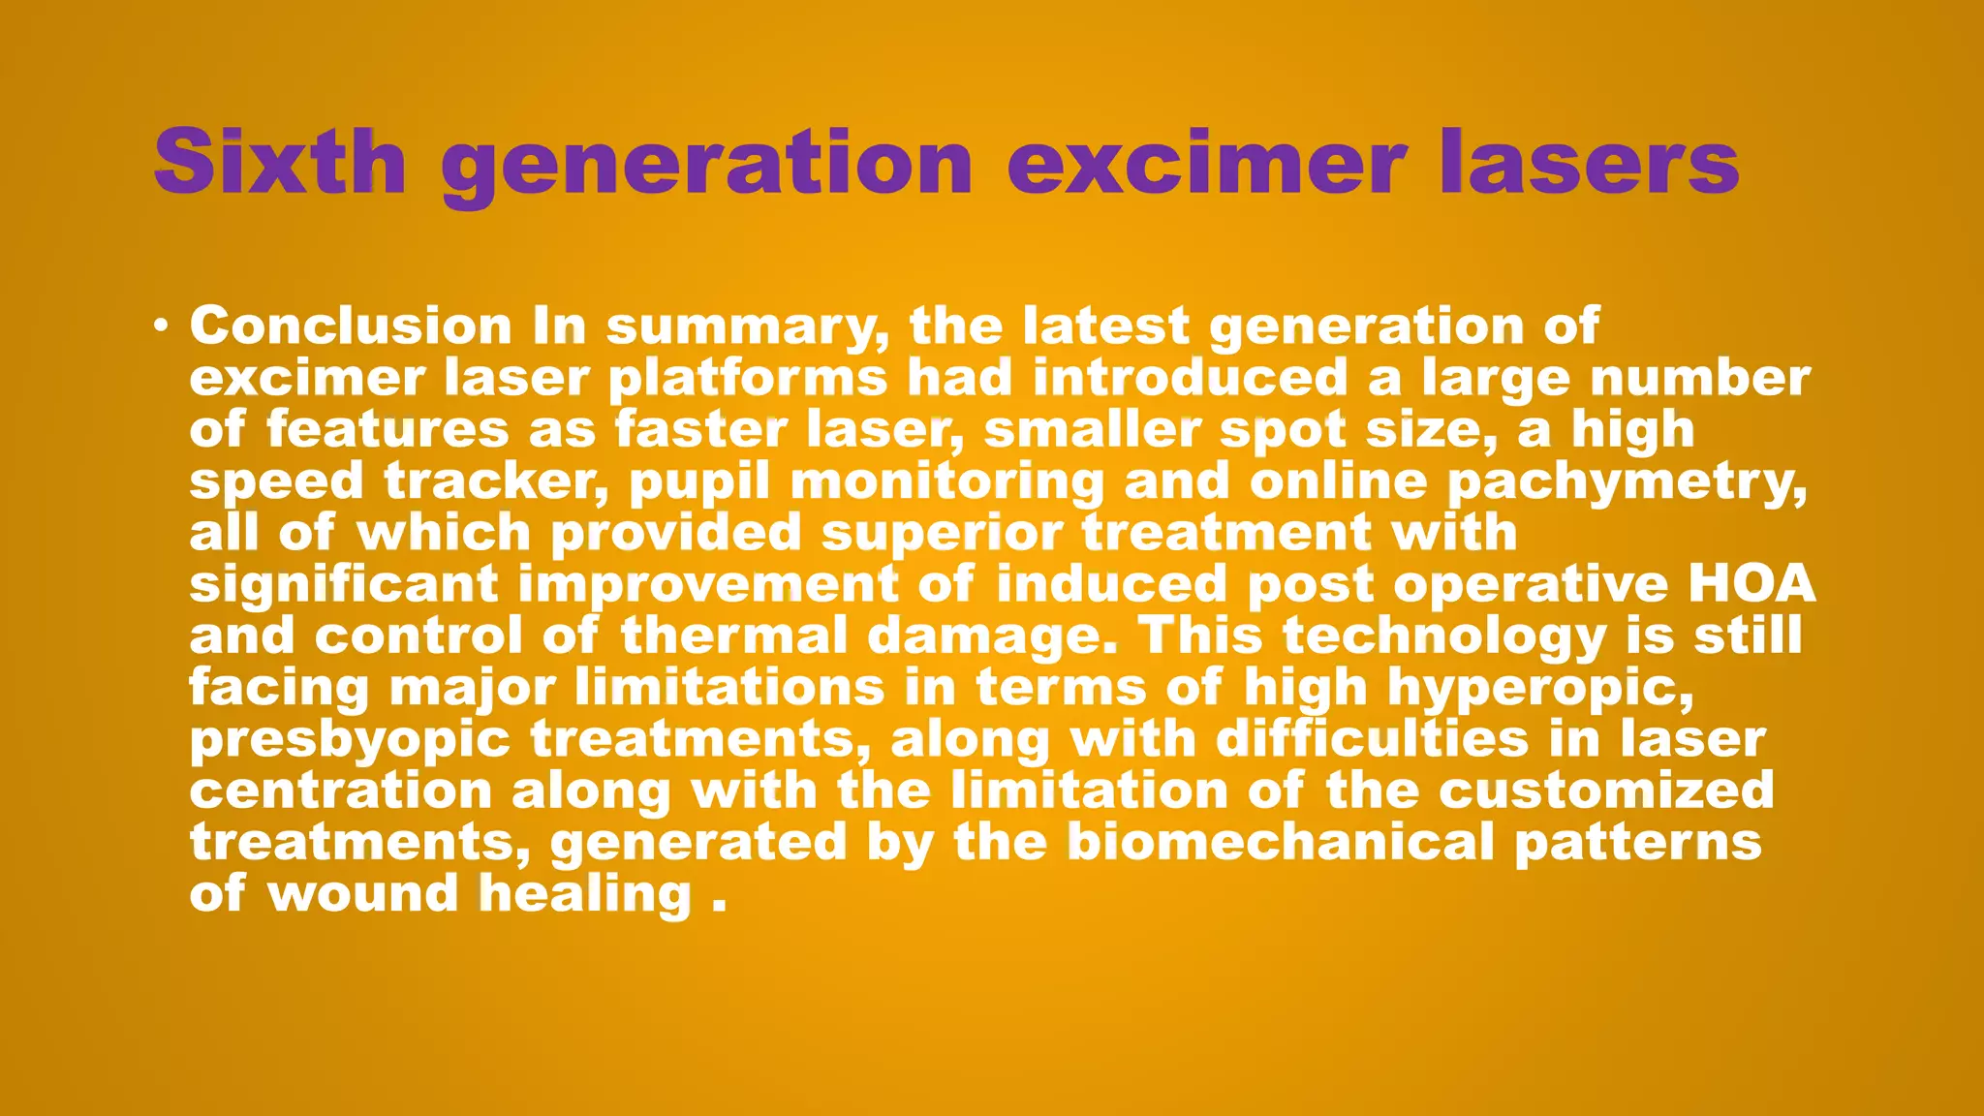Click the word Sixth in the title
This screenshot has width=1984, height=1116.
(x=279, y=163)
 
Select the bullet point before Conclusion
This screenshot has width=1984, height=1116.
(x=161, y=325)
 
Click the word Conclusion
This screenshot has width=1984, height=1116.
(x=351, y=325)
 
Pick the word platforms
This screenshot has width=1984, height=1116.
(x=748, y=378)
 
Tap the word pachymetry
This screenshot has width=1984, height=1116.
(x=1627, y=482)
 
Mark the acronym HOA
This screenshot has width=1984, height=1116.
(x=1751, y=583)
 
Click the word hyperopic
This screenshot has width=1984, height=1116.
(x=1540, y=689)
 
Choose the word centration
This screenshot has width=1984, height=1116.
(x=341, y=790)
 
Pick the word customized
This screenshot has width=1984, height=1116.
(x=1606, y=790)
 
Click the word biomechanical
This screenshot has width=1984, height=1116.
(x=1281, y=842)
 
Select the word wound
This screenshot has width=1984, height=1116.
(x=362, y=893)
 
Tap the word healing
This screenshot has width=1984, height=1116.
(x=586, y=894)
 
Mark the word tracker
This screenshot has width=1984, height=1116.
(x=496, y=481)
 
